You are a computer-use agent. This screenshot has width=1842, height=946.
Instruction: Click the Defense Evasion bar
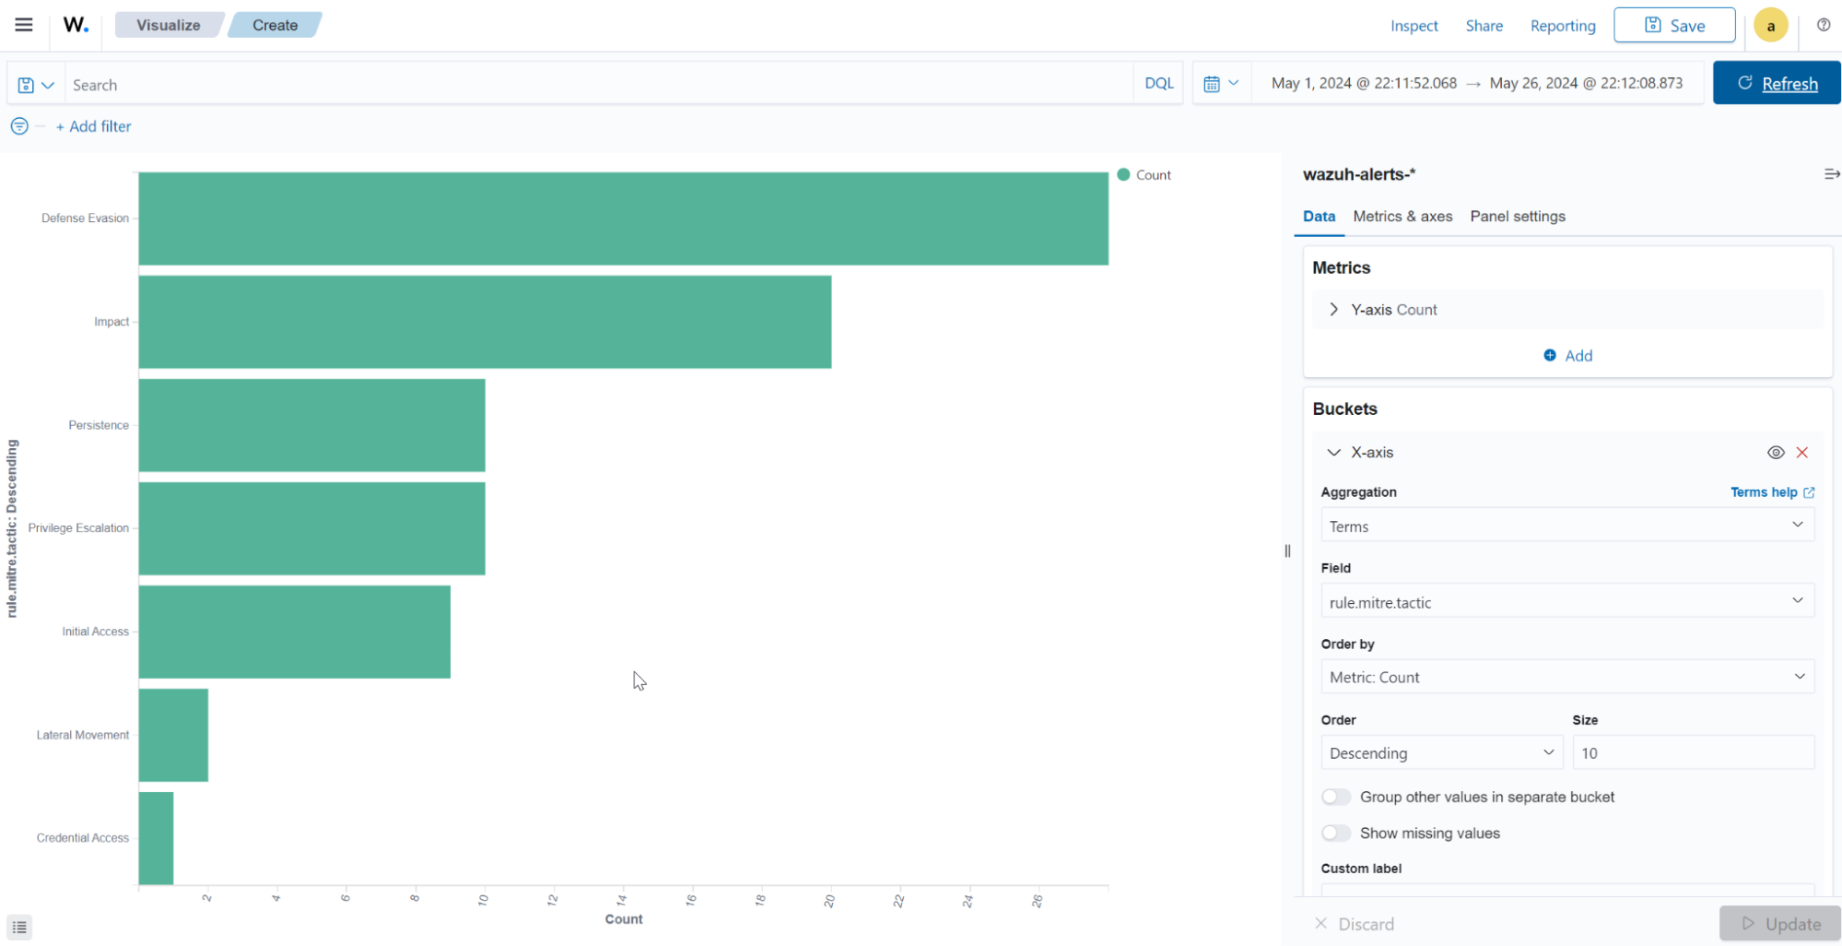click(623, 219)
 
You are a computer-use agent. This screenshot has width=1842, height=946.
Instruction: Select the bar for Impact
click(485, 322)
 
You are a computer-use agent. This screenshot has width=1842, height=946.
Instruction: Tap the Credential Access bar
click(156, 838)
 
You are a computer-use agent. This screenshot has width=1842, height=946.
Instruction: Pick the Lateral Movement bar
click(173, 735)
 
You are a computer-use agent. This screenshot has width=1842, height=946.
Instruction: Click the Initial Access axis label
click(95, 632)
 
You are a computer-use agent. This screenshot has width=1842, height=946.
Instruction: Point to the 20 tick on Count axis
click(829, 901)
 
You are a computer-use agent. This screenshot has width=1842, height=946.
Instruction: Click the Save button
click(1673, 26)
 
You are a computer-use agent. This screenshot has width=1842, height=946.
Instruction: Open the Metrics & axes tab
click(1402, 217)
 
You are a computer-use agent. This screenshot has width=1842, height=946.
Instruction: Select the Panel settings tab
click(1517, 217)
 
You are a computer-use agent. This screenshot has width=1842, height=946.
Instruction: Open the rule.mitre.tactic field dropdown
click(1566, 602)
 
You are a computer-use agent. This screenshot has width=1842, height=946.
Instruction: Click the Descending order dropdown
click(1441, 753)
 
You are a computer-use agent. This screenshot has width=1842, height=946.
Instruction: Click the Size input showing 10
click(1692, 753)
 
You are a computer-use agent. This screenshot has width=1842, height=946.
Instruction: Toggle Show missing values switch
click(1335, 834)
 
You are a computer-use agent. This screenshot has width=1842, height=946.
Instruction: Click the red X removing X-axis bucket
click(1801, 453)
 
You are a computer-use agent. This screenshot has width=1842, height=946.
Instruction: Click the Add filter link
click(94, 126)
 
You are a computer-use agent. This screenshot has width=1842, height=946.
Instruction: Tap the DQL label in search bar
click(1158, 84)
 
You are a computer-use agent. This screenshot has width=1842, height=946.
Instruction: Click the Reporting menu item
click(1562, 26)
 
